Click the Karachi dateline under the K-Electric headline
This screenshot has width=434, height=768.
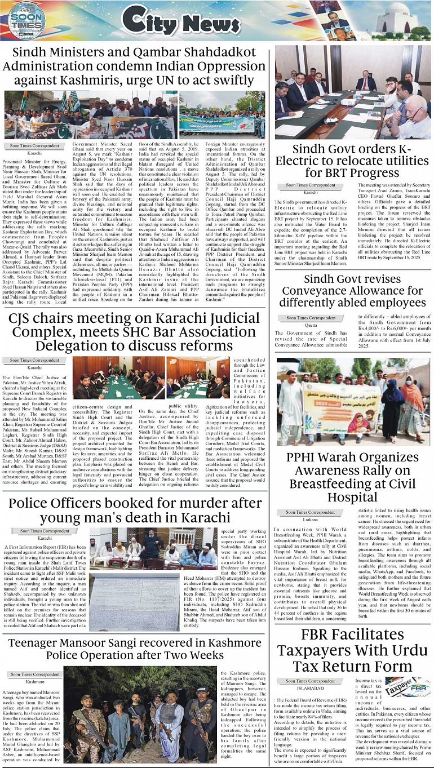(x=310, y=193)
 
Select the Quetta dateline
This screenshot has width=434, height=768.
(x=310, y=325)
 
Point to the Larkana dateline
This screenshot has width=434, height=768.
(x=310, y=519)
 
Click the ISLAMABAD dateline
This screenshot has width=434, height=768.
(x=310, y=687)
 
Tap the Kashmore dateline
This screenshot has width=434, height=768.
(x=35, y=681)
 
